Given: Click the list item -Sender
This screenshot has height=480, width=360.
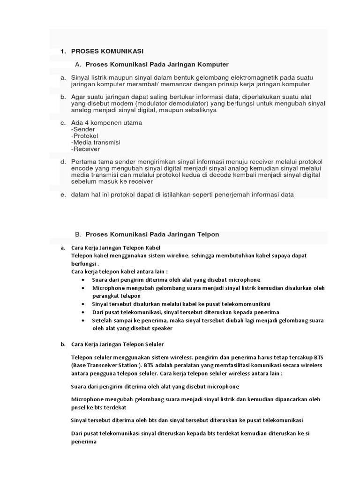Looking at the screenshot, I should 83,129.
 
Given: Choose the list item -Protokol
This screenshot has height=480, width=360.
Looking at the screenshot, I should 85,136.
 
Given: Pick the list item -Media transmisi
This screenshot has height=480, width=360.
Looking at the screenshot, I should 96,142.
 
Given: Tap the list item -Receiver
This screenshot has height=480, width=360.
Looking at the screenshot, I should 86,149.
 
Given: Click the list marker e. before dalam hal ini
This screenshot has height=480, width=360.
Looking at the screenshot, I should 62,195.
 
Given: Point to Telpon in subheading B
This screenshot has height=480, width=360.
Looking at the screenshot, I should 208,234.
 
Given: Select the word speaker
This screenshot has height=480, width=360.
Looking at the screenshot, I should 161,328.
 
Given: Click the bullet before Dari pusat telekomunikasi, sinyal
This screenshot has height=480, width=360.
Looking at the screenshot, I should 83,312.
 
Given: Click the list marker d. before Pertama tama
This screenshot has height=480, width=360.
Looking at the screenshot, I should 62,162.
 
